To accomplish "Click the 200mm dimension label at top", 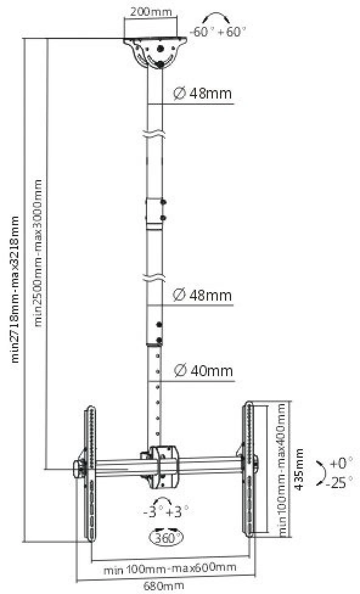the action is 151,12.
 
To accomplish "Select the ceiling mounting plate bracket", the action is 155,52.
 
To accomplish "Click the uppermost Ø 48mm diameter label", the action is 202,93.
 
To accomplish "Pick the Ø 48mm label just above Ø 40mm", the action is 202,295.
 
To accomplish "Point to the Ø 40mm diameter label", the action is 204,371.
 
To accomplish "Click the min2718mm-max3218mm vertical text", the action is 15,290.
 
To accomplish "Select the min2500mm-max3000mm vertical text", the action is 38,253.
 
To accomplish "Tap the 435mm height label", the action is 299,469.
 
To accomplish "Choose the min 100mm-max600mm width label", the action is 170,568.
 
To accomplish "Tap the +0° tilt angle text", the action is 341,463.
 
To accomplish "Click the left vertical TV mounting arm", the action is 91,473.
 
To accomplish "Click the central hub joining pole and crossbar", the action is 164,467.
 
